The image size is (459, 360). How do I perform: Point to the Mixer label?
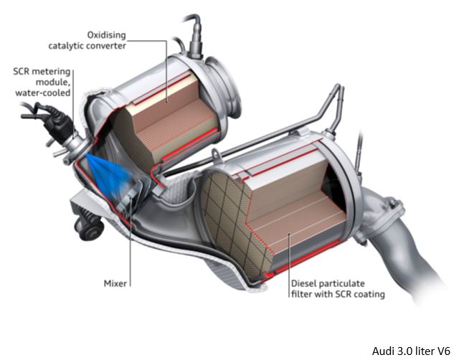[x=114, y=284]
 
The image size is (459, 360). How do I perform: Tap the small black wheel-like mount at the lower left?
[x=91, y=229]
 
